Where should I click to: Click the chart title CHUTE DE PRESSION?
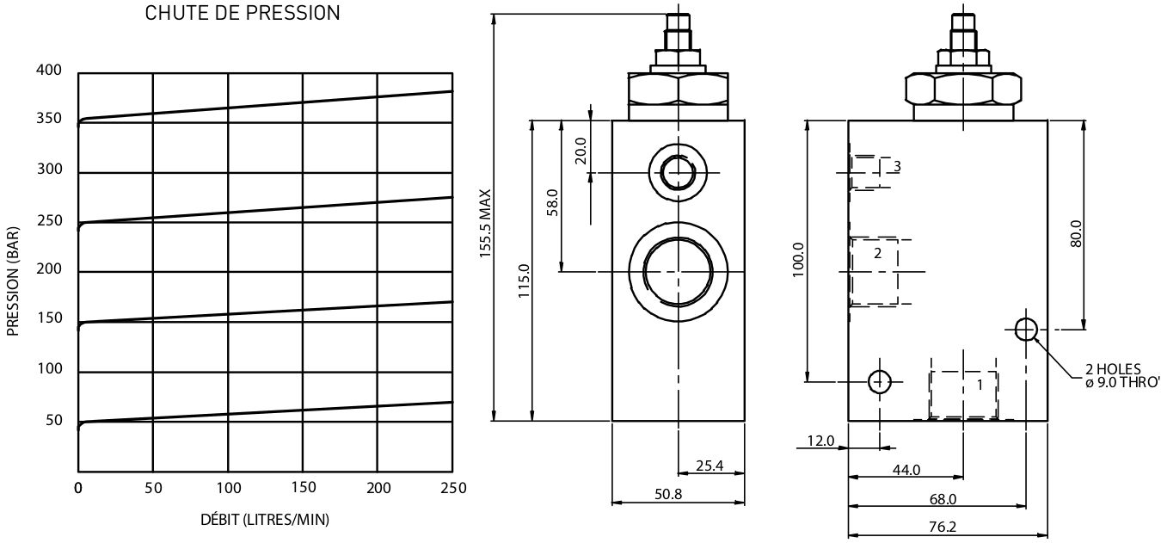[x=242, y=13]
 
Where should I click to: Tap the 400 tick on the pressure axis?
[x=49, y=70]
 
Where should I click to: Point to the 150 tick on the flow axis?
[x=304, y=488]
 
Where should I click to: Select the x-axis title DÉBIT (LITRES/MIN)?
[x=265, y=519]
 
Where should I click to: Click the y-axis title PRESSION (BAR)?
[x=12, y=281]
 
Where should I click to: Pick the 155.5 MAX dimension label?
[x=485, y=224]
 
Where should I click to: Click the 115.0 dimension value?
[x=525, y=281]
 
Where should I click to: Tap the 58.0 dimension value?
[x=553, y=202]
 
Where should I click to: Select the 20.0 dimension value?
[x=581, y=151]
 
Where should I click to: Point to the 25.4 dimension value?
[x=709, y=466]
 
